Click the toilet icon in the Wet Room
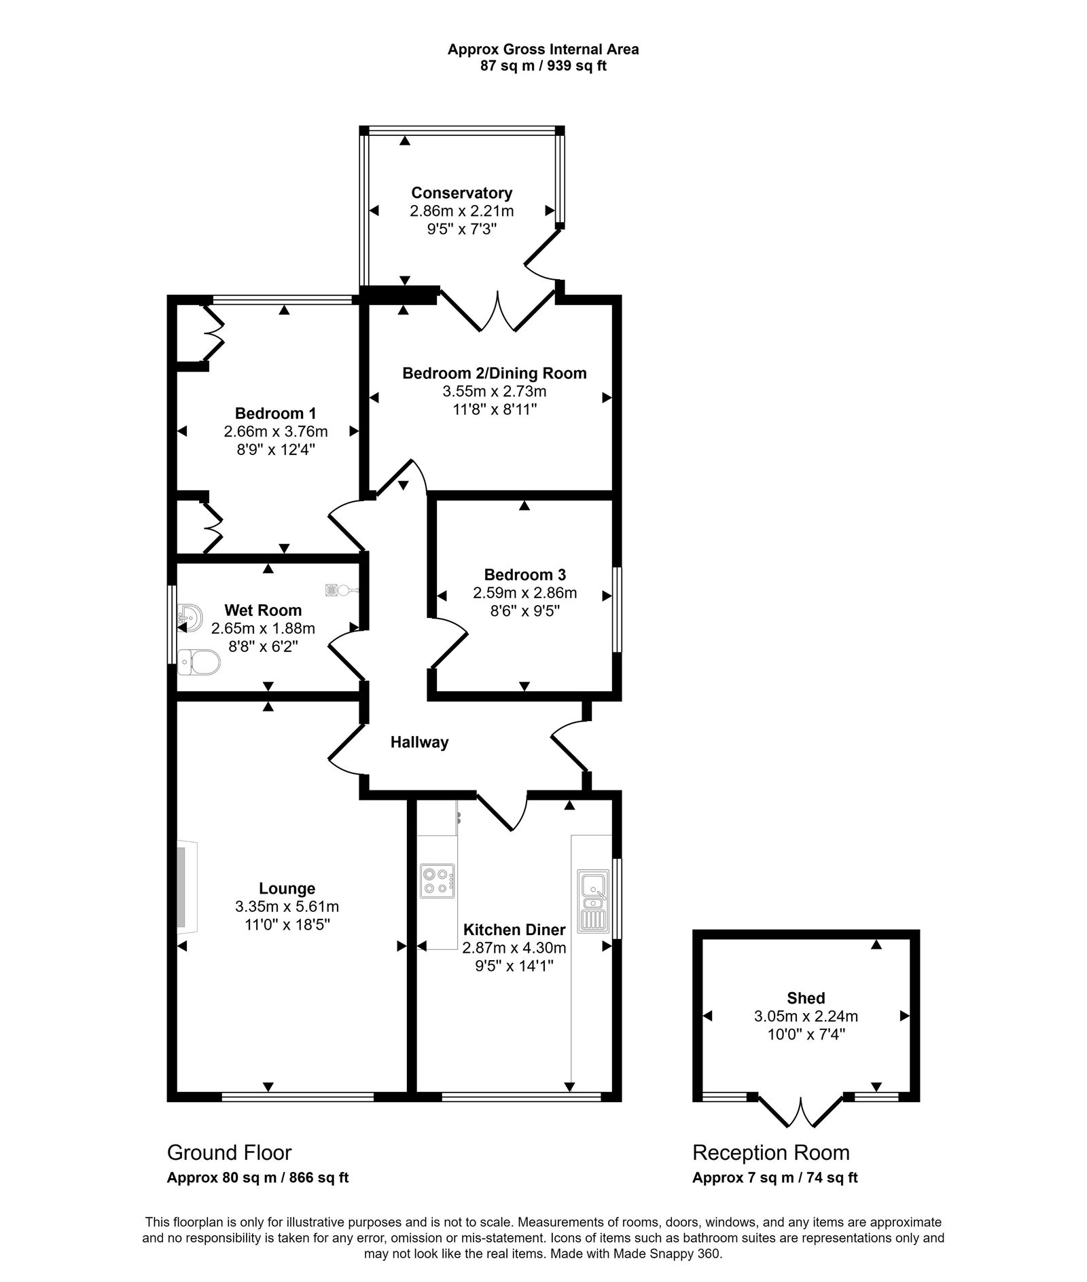coord(199,661)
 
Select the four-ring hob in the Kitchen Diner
coord(438,881)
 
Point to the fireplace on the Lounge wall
coord(187,886)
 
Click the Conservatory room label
coord(461,193)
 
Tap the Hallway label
coord(419,742)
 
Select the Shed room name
coord(806,998)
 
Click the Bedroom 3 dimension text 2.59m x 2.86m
coord(524,593)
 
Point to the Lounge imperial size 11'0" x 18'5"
coord(287,925)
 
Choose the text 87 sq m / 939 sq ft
coord(543,66)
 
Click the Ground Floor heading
coord(229,1152)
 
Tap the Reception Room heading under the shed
coord(770,1152)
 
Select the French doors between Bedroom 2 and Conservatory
coord(498,312)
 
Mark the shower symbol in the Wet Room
coord(333,589)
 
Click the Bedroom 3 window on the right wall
coord(617,609)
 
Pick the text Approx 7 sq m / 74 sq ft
coord(774,1177)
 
